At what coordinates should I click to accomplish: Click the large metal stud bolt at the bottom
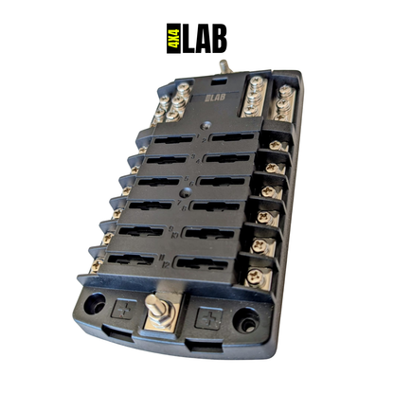(x=153, y=309)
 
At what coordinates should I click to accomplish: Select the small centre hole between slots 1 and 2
(x=203, y=123)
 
